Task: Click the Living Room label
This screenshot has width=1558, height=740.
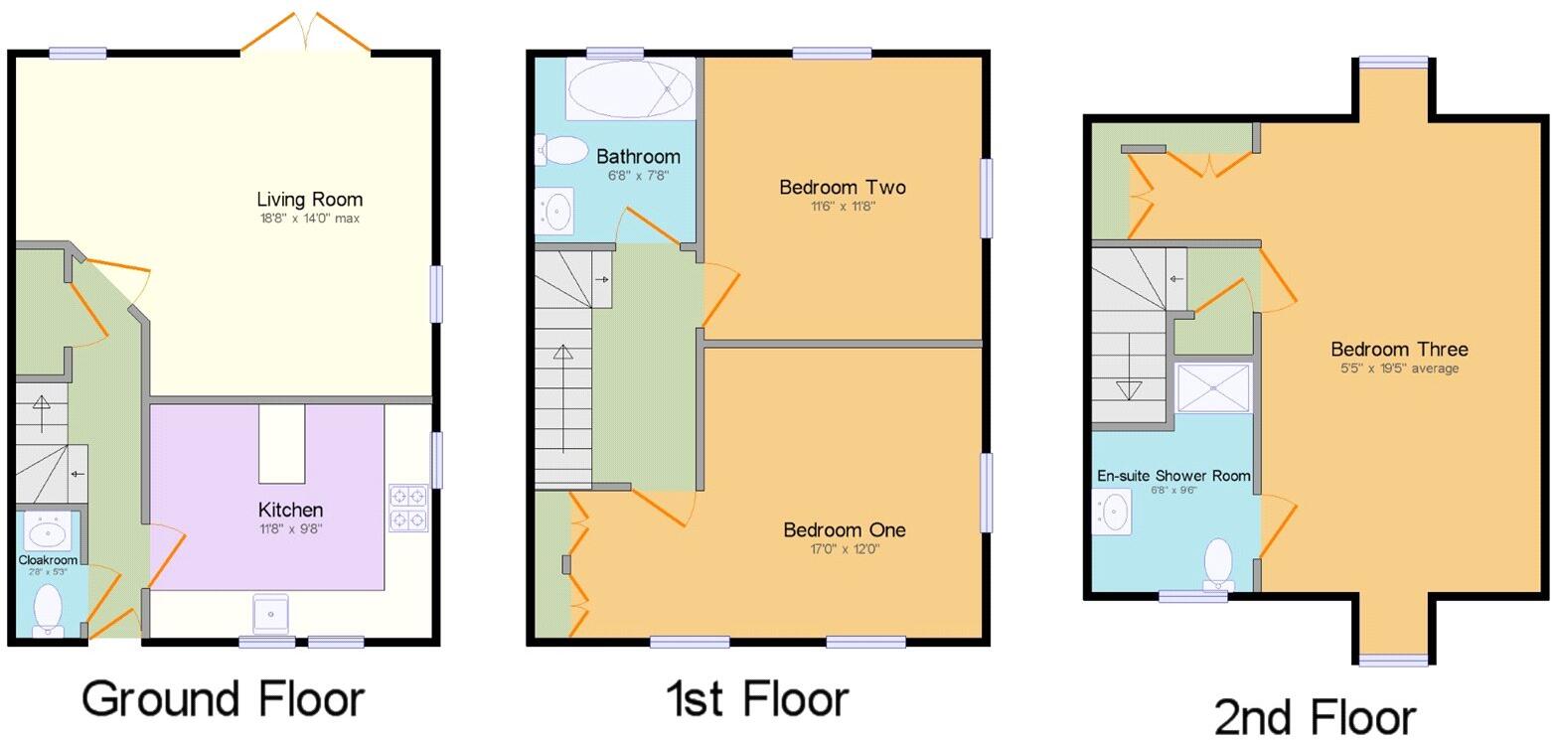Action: point(309,200)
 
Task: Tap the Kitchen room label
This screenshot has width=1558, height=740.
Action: point(289,510)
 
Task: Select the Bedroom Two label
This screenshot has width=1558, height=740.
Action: point(842,188)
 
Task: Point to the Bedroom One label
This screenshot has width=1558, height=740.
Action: point(844,530)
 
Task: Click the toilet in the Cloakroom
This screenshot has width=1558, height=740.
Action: point(48,608)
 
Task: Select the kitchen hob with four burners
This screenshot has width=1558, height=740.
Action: point(408,507)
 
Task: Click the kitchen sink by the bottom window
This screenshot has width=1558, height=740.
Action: point(270,614)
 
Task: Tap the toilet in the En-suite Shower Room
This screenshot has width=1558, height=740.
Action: point(1218,564)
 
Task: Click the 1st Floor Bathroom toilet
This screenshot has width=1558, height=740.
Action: point(562,150)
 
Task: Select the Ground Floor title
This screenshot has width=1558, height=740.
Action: point(223,698)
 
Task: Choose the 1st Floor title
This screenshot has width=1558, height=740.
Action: point(757,698)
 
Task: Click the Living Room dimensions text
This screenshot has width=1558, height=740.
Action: point(308,219)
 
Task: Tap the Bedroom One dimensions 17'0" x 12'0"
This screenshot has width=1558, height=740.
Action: point(844,549)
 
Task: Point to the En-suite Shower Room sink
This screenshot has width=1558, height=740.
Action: point(1113,513)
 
